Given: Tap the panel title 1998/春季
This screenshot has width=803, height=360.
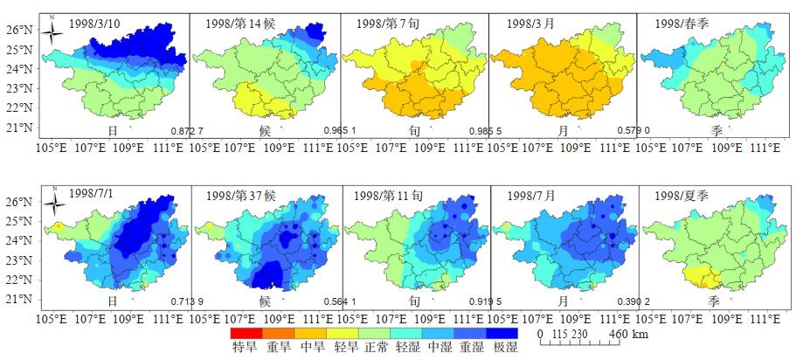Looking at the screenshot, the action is [679, 24].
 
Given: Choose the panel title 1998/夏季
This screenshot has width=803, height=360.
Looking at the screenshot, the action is [679, 196].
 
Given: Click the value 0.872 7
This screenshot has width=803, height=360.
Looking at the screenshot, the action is [187, 132].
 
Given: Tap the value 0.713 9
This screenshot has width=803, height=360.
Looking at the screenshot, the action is [187, 302].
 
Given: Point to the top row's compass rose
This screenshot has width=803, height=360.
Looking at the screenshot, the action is [52, 33].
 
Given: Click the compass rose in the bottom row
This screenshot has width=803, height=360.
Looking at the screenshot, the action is [54, 205].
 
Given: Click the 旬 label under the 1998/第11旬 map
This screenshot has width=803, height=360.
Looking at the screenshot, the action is [414, 301].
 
